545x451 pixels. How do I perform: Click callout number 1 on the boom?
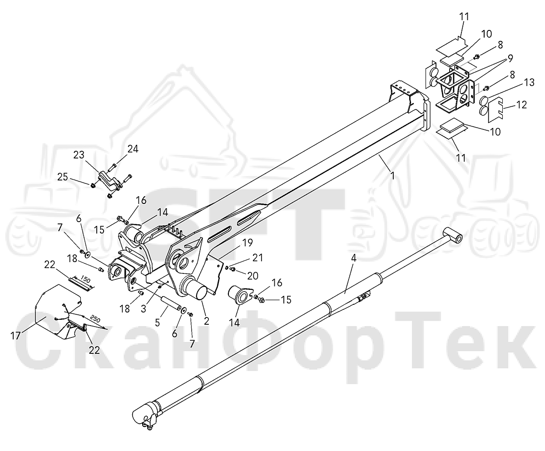[392, 176]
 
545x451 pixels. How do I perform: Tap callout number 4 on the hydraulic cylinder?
[354, 258]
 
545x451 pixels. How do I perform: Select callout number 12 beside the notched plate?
[521, 104]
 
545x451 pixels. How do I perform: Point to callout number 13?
[529, 83]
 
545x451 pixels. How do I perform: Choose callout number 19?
[248, 243]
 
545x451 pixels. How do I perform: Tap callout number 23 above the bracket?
[79, 155]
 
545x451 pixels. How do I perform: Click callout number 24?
[133, 149]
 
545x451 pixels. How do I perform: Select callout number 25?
[63, 177]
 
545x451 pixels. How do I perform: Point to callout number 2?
[207, 321]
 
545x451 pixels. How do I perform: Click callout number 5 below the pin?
[157, 323]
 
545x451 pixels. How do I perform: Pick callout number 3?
[144, 309]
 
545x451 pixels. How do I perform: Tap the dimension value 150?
[85, 279]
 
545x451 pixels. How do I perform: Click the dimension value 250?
[95, 319]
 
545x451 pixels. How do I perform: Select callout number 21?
[258, 258]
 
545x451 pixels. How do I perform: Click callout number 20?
[253, 276]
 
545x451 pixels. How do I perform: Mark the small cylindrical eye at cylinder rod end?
[453, 234]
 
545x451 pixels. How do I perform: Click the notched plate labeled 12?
[495, 110]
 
